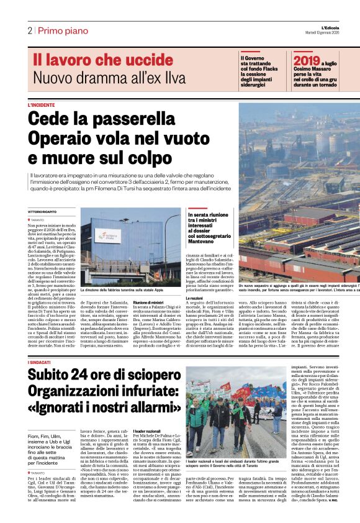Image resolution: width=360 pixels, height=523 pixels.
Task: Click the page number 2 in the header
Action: tap(29, 31)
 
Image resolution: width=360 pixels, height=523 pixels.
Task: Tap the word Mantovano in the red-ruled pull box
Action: tap(205, 242)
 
